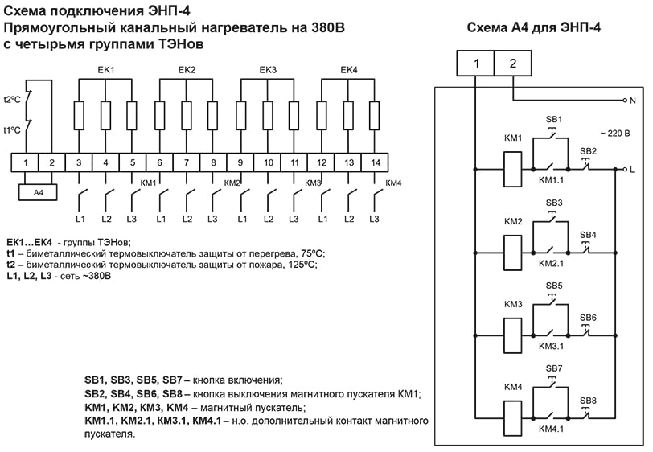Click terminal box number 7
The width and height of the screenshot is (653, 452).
(x=187, y=163)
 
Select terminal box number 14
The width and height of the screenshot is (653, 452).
(x=374, y=163)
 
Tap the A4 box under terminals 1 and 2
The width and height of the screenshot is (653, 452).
(x=39, y=193)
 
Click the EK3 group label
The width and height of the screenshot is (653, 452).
(x=268, y=71)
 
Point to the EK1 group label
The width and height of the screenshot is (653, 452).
(x=105, y=71)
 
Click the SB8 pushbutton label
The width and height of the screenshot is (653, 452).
(x=589, y=400)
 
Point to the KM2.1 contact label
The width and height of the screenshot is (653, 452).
(x=551, y=262)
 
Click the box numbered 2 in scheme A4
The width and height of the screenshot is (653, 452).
(x=513, y=64)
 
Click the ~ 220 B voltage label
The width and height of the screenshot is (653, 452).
(x=616, y=132)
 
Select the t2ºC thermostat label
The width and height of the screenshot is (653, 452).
(x=12, y=99)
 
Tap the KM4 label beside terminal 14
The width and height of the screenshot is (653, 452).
(x=393, y=183)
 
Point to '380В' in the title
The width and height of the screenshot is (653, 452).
(x=326, y=28)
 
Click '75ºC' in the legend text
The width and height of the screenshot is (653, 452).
(x=298, y=252)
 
